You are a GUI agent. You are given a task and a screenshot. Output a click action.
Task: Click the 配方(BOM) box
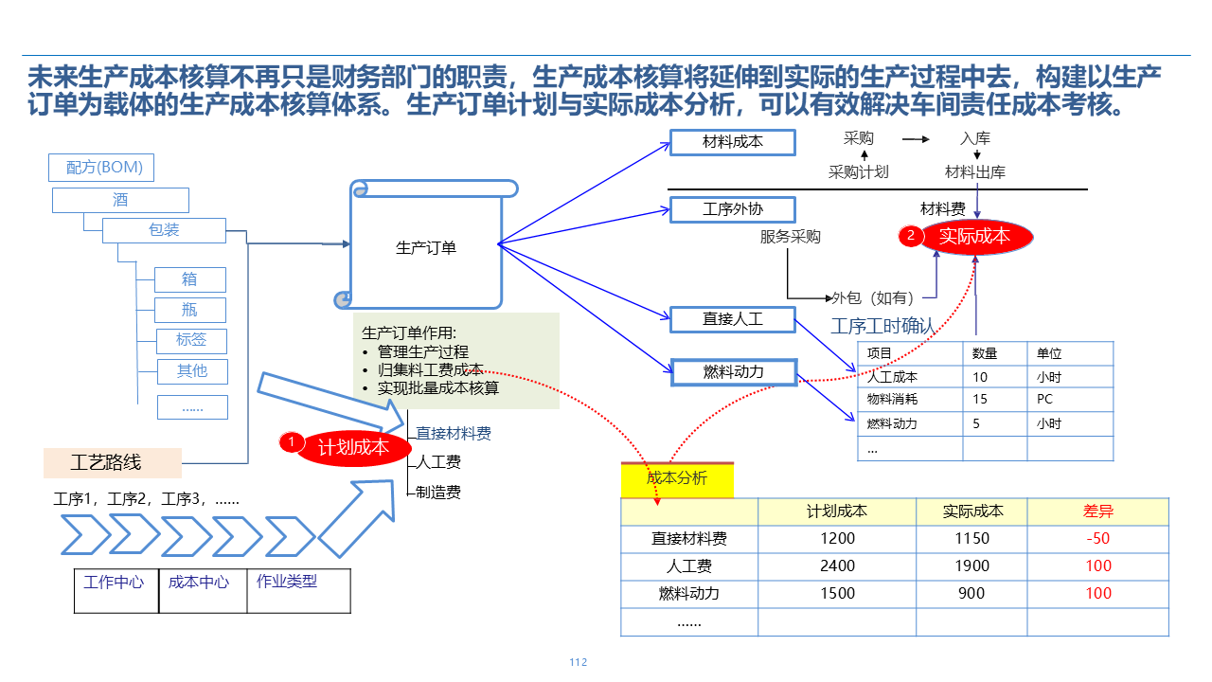point(101,168)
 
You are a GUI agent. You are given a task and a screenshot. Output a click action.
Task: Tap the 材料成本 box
point(733,142)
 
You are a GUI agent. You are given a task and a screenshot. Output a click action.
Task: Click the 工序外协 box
point(733,209)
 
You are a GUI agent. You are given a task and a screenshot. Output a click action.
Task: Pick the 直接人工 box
point(733,319)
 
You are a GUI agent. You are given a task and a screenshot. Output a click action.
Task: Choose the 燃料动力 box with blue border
point(733,372)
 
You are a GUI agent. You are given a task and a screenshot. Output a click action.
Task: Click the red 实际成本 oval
point(965,237)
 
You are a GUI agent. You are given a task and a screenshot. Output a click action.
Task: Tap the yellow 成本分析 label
point(677,478)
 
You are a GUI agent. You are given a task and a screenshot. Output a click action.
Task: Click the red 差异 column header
point(1098,511)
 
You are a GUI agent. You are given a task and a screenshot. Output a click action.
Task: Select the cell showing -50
point(1098,538)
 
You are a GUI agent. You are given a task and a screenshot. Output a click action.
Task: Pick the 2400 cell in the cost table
point(837,565)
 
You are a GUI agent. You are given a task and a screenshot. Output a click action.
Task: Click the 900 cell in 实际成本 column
point(972,593)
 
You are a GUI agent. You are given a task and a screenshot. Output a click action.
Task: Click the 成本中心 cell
point(199,583)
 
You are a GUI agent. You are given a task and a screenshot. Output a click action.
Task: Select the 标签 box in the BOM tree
point(191,340)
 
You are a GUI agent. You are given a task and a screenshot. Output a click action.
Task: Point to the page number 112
point(579,662)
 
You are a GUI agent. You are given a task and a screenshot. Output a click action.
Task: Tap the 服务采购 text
point(791,237)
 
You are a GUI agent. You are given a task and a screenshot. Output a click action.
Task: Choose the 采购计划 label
point(859,172)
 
